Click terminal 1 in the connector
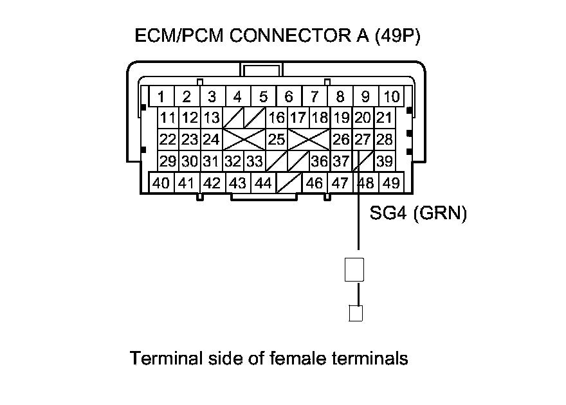[161, 97]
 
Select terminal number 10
[391, 97]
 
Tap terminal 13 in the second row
[212, 118]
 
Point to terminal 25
[277, 139]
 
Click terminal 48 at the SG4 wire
[365, 183]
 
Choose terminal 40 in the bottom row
[161, 183]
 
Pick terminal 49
[390, 183]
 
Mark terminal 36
[319, 161]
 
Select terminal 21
[385, 118]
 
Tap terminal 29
[168, 161]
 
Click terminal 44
[263, 183]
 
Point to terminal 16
[277, 118]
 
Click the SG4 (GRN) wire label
[418, 213]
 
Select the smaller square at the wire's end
[355, 313]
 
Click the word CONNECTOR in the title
[280, 37]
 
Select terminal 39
[385, 161]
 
